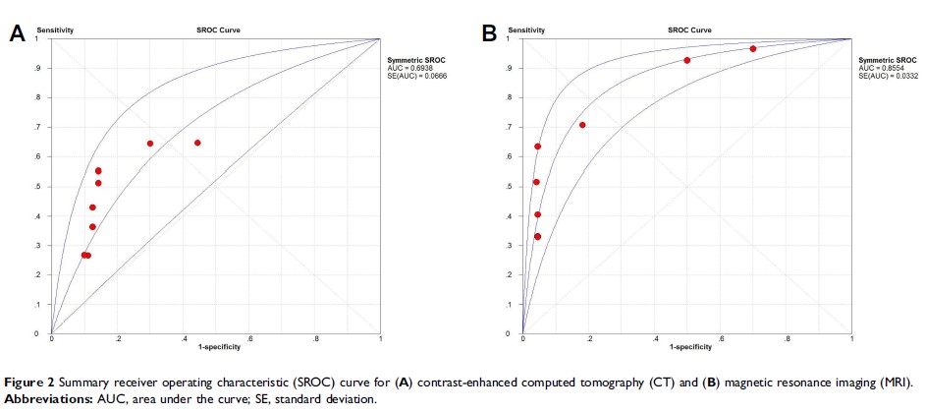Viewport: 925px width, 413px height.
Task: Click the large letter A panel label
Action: pyautogui.click(x=17, y=33)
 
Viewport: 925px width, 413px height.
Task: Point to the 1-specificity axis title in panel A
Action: pyautogui.click(x=216, y=347)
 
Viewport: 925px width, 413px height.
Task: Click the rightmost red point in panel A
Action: pyautogui.click(x=197, y=143)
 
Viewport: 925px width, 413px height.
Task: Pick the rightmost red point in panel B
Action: pyautogui.click(x=753, y=48)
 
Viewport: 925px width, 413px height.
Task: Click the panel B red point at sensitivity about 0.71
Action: pyautogui.click(x=582, y=125)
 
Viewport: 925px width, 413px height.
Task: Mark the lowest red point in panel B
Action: pyautogui.click(x=537, y=236)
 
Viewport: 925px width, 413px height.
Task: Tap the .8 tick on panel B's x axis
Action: pyautogui.click(x=787, y=339)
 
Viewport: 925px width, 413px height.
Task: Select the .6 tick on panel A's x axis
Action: pyautogui.click(x=249, y=339)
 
